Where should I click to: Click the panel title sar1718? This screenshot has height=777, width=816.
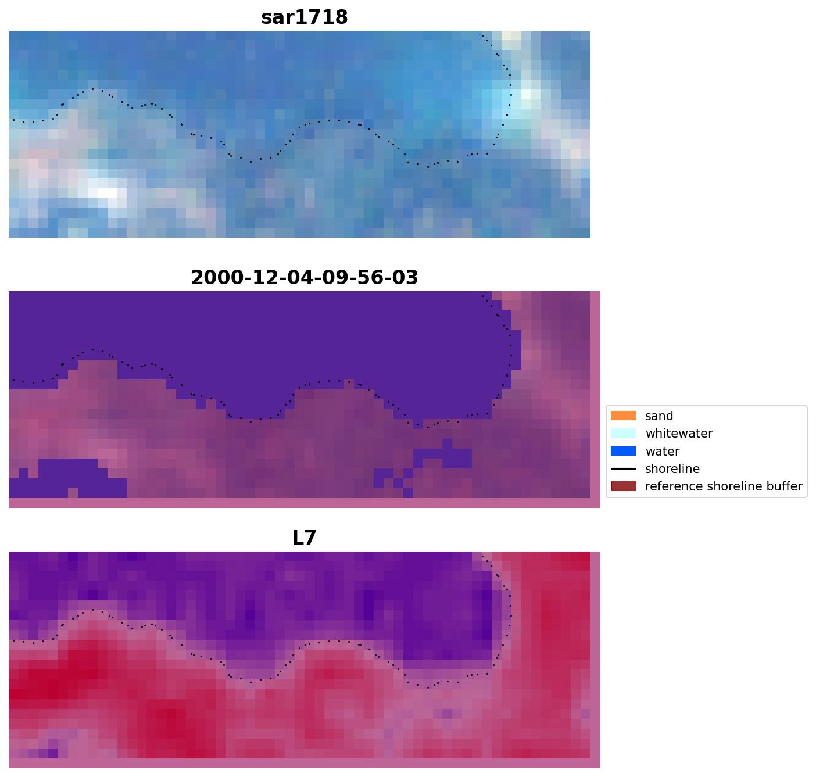304,17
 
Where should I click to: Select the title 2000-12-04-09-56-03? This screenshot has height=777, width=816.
304,278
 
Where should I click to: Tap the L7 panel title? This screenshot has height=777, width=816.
304,538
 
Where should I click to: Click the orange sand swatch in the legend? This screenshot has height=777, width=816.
623,416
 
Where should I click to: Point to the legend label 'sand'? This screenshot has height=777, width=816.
659,416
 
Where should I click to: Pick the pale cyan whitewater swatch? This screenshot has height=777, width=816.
623,434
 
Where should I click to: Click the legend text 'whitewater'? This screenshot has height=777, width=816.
678,434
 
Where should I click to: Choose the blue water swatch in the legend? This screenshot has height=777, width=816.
623,452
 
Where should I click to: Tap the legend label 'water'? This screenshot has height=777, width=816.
662,452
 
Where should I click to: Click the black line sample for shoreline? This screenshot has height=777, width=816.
623,469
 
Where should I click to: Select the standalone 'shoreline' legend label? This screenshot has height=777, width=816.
672,469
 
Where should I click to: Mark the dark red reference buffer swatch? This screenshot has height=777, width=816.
623,486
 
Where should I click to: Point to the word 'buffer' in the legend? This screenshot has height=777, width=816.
785,486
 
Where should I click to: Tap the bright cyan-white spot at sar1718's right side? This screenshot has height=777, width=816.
526,95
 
